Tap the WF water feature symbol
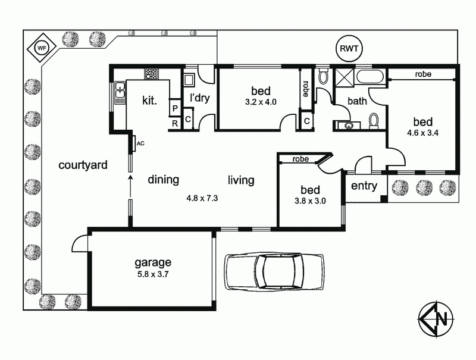coord(42,48)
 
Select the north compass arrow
coord(436,318)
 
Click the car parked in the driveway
coord(274,271)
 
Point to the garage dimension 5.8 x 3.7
coord(153,275)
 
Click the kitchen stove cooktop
coord(151,74)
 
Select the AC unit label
coord(140,143)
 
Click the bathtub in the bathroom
coord(370,77)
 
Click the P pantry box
coord(175,108)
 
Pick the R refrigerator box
coord(175,123)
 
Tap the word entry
coord(364,186)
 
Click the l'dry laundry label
coord(199,98)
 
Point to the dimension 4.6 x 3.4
coord(422,133)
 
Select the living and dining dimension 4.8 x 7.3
coord(202,199)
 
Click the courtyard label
coord(83,165)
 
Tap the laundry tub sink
coord(190,80)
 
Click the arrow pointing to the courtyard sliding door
coord(130,187)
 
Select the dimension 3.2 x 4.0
coord(261,102)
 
